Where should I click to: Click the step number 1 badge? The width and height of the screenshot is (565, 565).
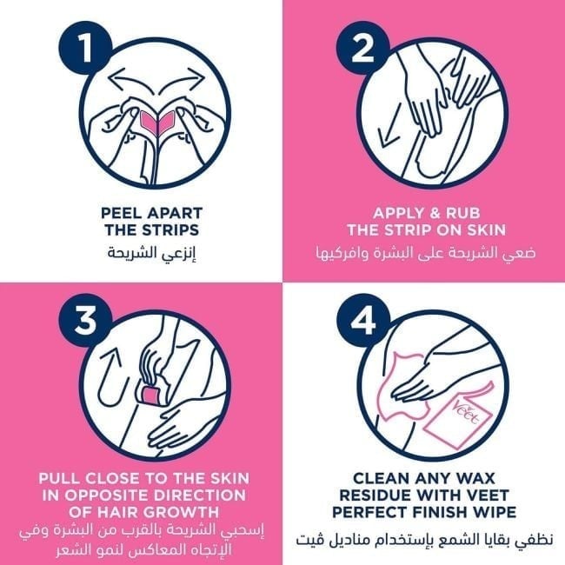(x=85, y=49)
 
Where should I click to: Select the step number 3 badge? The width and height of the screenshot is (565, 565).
(x=85, y=320)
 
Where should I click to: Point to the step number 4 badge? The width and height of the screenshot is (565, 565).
(x=362, y=320)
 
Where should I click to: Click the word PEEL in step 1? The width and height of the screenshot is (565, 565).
(x=122, y=213)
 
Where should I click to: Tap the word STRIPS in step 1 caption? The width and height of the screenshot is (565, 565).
(x=175, y=229)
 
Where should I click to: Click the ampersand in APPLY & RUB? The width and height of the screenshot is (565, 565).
(x=426, y=213)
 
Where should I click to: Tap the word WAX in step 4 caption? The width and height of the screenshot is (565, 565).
(x=476, y=479)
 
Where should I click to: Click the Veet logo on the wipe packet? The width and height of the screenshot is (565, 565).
(x=468, y=412)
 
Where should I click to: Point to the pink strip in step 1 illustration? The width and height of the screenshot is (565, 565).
(x=157, y=122)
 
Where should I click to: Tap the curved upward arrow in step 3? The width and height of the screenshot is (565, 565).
(x=110, y=378)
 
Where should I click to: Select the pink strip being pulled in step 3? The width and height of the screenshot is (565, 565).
(x=152, y=395)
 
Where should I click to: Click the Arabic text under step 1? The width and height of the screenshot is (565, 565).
(x=151, y=253)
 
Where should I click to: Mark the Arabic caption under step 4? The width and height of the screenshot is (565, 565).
(x=424, y=540)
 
